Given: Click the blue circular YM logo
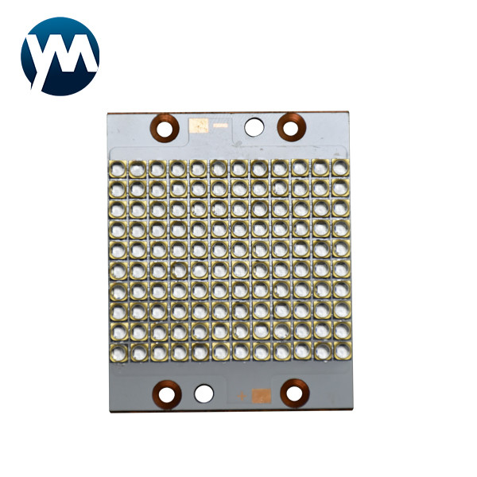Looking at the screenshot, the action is click(x=60, y=56).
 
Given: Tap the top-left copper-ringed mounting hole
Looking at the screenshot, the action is click(x=165, y=127).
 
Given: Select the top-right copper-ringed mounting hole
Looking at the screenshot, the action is click(x=291, y=127).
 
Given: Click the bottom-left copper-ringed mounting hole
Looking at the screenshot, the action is click(x=167, y=394).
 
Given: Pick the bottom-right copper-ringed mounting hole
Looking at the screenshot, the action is click(x=295, y=393).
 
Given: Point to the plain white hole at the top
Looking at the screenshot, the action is click(x=254, y=127).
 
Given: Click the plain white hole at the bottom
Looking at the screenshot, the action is click(x=204, y=394).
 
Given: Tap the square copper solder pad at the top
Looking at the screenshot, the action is click(x=199, y=126).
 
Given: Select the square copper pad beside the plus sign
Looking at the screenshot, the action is click(x=261, y=396).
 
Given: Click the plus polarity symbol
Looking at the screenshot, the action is click(x=242, y=396).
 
